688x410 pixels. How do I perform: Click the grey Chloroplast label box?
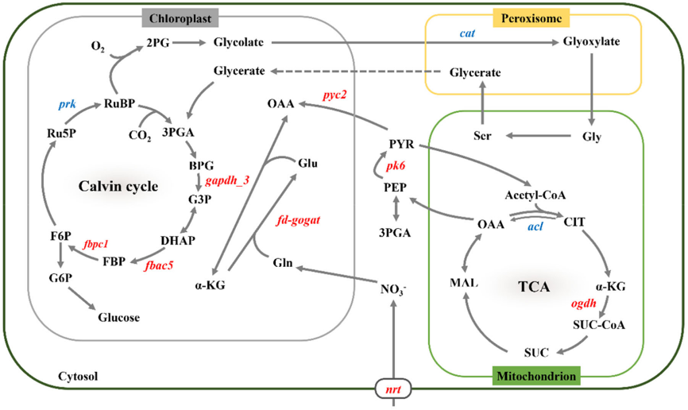click(180, 18)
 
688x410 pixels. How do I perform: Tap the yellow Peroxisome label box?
click(531, 18)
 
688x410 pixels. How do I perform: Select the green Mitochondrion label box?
click(536, 376)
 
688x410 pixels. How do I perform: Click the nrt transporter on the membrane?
click(393, 389)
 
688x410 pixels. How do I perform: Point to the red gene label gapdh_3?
click(227, 180)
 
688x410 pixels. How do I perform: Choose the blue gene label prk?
click(68, 104)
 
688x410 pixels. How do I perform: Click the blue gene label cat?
click(467, 33)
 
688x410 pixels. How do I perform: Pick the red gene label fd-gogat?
click(298, 220)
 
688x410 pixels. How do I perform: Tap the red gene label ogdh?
click(584, 304)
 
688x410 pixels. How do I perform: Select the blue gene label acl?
click(535, 226)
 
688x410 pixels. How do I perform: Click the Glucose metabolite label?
click(119, 317)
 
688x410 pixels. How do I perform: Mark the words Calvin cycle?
click(118, 186)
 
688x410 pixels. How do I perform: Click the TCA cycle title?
click(534, 287)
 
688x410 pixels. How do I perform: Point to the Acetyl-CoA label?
click(535, 195)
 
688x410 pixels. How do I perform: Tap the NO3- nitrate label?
click(393, 289)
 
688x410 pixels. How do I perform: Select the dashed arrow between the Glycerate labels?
click(355, 71)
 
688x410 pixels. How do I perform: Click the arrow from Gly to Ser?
click(539, 136)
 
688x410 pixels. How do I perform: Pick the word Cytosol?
click(78, 376)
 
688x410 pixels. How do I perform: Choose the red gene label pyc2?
click(334, 95)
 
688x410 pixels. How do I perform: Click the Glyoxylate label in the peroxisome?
click(591, 41)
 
